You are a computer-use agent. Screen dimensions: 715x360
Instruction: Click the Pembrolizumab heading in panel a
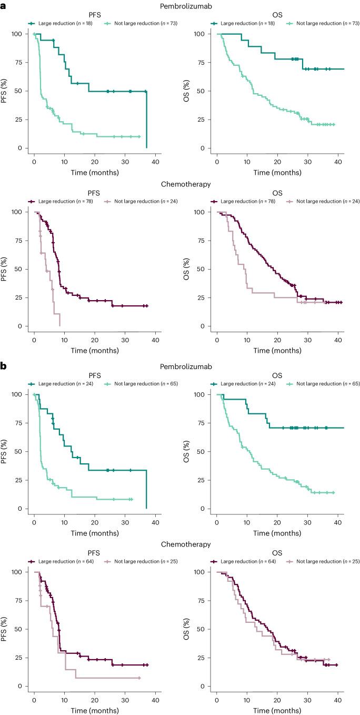(x=179, y=5)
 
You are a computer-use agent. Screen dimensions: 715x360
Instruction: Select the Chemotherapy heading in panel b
(x=180, y=544)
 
